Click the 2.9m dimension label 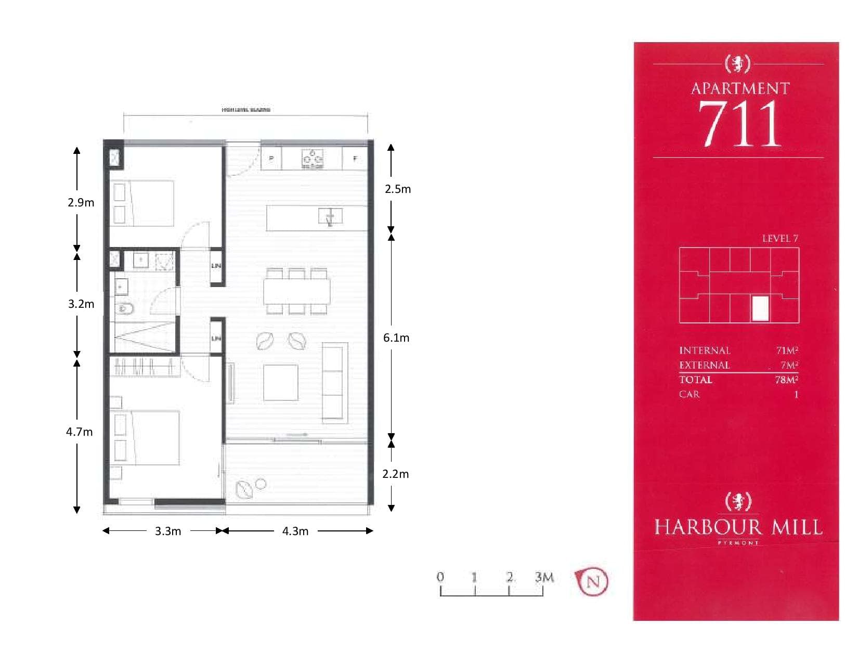point(81,203)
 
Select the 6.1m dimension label point(396,338)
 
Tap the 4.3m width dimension point(295,531)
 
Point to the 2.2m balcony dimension point(396,474)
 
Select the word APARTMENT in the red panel point(740,89)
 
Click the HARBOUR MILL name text point(738,528)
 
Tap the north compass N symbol point(593,581)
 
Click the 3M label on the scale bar point(544,577)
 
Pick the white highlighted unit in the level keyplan point(760,308)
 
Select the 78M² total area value point(786,380)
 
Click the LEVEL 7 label point(779,239)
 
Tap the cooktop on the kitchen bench point(313,159)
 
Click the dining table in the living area point(296,292)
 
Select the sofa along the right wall point(334,382)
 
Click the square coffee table point(280,382)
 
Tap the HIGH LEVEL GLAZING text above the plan point(246,110)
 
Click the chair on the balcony point(244,489)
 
